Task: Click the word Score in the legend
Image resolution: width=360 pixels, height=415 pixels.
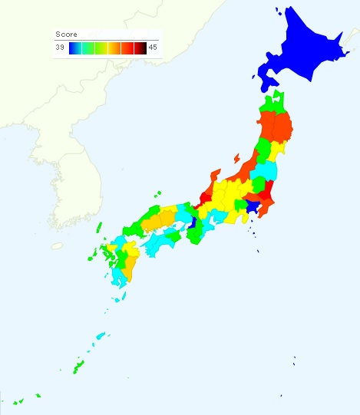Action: click(67, 35)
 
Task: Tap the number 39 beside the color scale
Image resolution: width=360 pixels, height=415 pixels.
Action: click(60, 48)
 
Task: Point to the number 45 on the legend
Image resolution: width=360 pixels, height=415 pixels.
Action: click(153, 48)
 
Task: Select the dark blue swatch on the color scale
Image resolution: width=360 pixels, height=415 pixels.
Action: click(74, 48)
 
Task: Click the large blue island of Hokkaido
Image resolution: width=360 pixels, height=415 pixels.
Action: click(299, 54)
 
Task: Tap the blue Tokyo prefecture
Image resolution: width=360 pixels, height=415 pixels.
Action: click(250, 206)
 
